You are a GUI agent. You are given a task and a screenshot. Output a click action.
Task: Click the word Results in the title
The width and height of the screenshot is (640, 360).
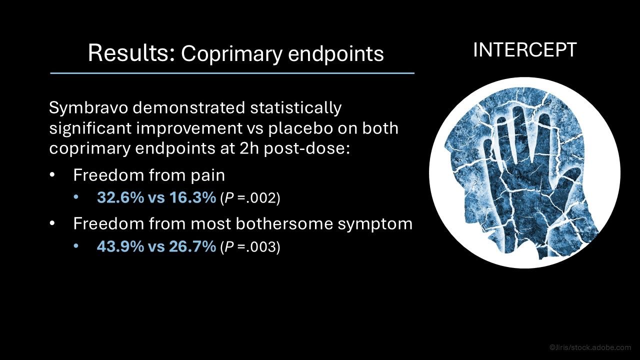131,52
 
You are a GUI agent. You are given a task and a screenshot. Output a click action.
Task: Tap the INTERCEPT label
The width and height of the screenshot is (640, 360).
525,50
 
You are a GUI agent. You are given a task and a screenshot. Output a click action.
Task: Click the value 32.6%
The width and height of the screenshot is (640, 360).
120,197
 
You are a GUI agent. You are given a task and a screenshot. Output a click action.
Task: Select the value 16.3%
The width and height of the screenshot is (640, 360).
192,197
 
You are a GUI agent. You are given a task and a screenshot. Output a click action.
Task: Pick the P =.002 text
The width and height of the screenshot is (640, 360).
250,197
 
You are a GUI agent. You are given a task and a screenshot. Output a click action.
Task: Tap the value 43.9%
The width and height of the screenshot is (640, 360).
120,246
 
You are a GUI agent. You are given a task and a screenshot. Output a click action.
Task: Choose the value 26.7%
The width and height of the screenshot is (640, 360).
192,246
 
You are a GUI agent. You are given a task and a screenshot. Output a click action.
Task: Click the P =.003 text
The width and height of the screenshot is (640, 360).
250,247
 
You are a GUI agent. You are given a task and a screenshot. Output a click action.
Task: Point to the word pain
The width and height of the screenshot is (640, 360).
207,175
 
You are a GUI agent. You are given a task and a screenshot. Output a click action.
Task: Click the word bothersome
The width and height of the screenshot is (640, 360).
284,223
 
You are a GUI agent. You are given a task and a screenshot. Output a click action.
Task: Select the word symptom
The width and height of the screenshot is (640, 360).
375,224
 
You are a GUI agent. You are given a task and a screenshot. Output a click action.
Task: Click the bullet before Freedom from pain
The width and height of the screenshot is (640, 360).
51,175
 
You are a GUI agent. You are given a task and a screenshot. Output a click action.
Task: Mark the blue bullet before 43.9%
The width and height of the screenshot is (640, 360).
75,245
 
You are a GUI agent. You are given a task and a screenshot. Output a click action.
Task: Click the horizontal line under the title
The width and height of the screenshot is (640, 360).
232,73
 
